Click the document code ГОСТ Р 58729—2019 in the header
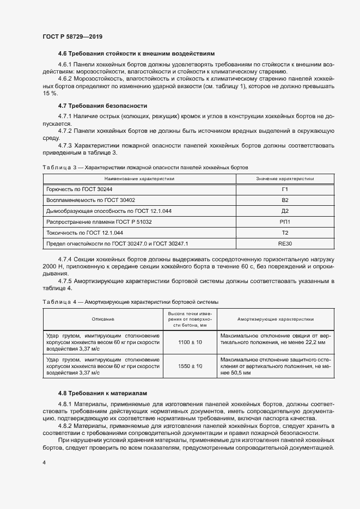pos(72,36)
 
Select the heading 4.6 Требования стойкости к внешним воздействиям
pos(136,53)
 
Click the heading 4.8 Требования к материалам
pos(101,393)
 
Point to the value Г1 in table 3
pos(285,189)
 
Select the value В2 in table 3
pos(285,200)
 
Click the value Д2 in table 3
pos(285,211)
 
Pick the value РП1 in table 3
pos(285,222)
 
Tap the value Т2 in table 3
pos(285,232)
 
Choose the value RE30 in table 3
pos(285,244)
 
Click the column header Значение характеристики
pos(285,179)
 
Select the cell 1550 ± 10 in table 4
pos(190,367)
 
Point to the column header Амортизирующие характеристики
pos(275,320)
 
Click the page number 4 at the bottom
pos(44,463)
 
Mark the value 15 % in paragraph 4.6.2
pos(50,94)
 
